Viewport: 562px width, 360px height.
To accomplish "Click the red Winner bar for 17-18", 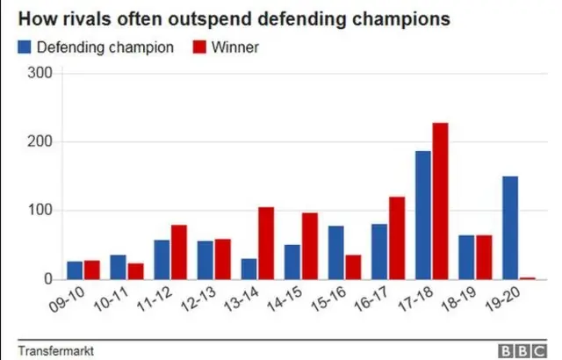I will point(439,201).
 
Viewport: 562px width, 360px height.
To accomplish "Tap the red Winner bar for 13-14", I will point(266,243).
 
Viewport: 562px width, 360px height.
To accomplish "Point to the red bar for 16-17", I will point(396,238).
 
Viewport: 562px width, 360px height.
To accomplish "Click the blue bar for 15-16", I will point(335,253).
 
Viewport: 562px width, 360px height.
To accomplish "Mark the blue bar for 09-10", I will point(76,270).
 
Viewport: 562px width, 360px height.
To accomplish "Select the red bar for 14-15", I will point(310,246).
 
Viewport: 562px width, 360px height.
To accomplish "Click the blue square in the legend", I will point(25,47).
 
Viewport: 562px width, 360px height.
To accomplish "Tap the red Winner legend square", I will point(201,47).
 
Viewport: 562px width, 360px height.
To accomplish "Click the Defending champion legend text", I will point(105,47).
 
